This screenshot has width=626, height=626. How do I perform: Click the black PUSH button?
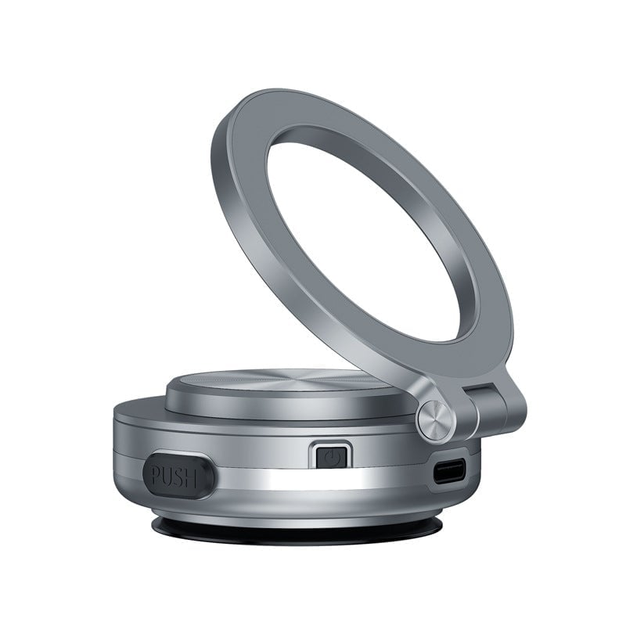[x=178, y=473]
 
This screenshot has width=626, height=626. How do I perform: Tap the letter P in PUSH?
[x=155, y=475]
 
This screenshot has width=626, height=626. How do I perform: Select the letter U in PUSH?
[x=169, y=475]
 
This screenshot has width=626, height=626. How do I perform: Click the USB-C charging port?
[x=450, y=472]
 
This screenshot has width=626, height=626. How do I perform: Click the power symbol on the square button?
[x=332, y=455]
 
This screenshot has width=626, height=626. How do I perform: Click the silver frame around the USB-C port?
[x=450, y=460]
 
